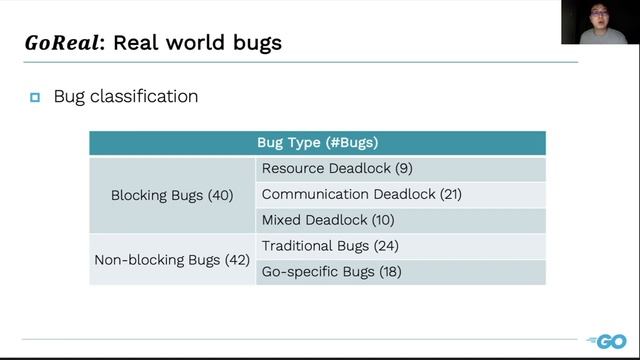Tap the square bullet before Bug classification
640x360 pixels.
point(35,97)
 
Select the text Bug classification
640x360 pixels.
point(126,97)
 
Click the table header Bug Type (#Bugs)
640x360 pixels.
point(317,143)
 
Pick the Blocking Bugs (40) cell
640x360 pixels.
point(172,195)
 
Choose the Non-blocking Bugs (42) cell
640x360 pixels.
point(172,259)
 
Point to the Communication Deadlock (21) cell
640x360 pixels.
point(361,194)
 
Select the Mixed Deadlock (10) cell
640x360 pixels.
point(328,220)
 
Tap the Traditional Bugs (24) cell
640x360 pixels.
point(329,246)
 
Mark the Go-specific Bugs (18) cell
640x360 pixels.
point(331,272)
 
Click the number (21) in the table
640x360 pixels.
point(447,194)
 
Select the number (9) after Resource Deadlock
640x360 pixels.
point(402,168)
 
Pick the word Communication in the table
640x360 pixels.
point(315,194)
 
